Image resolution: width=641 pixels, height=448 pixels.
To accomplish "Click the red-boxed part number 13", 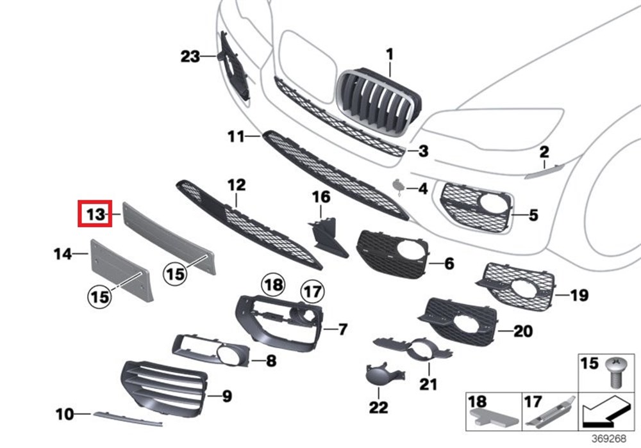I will (x=95, y=214).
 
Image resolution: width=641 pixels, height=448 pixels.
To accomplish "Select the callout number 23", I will (x=190, y=57).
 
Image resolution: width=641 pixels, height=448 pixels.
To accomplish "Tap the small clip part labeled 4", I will (x=399, y=186).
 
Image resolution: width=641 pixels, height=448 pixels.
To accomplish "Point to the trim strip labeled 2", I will (x=542, y=170).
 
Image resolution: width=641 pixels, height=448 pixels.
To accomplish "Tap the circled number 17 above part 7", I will (x=312, y=292).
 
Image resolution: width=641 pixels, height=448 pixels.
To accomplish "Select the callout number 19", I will (x=579, y=295).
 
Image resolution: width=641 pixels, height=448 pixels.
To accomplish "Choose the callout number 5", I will (x=533, y=216).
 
